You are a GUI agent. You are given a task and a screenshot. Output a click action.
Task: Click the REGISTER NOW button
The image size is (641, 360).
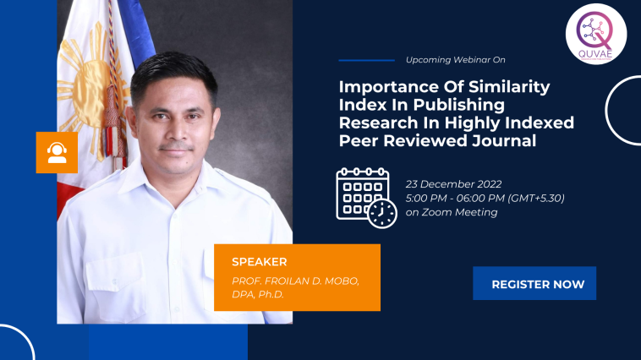[534, 283]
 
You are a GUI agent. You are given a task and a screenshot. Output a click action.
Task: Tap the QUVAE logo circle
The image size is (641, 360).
[596, 34]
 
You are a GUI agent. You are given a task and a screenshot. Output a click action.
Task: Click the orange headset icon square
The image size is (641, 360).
[57, 152]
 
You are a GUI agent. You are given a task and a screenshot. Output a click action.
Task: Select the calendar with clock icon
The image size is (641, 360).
[366, 198]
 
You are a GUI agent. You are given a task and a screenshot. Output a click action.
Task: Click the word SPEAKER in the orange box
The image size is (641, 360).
[259, 262]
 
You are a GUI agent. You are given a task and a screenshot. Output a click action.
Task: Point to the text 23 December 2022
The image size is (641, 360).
[453, 184]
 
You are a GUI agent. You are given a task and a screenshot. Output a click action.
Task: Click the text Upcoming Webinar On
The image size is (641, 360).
[456, 60]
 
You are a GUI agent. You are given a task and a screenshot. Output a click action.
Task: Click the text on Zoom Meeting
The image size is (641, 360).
[452, 212]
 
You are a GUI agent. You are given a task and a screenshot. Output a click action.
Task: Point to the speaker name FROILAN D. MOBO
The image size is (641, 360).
[312, 281]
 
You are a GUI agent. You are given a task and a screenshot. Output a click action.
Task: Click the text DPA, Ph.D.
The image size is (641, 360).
[258, 295]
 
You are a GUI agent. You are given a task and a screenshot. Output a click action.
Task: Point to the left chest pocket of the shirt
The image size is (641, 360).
[116, 278]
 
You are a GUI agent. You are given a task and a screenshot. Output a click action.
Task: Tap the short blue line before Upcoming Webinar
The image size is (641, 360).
[367, 60]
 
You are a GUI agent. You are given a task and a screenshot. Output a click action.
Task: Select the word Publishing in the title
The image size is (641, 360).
[458, 106]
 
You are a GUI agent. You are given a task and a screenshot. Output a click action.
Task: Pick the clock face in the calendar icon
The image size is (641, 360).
[382, 214]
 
